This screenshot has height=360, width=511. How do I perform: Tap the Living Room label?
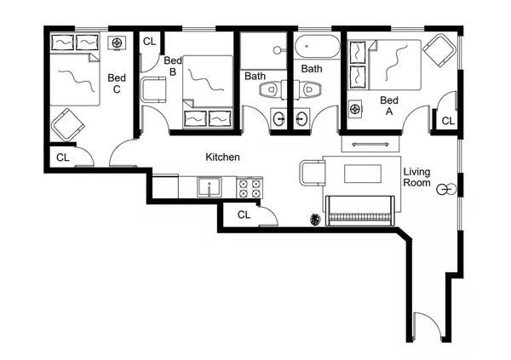click(417, 177)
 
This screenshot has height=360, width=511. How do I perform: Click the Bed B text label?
click(173, 66)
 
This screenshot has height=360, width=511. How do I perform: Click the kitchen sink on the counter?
click(207, 186)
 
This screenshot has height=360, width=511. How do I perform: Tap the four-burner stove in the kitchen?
click(249, 187)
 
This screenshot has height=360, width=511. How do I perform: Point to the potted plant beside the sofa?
click(315, 219)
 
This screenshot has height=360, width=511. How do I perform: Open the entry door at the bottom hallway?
click(426, 328)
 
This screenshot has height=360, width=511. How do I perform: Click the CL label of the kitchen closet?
click(244, 214)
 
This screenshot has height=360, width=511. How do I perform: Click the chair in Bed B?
click(154, 89)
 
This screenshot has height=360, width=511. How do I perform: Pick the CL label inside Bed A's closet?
click(448, 122)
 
